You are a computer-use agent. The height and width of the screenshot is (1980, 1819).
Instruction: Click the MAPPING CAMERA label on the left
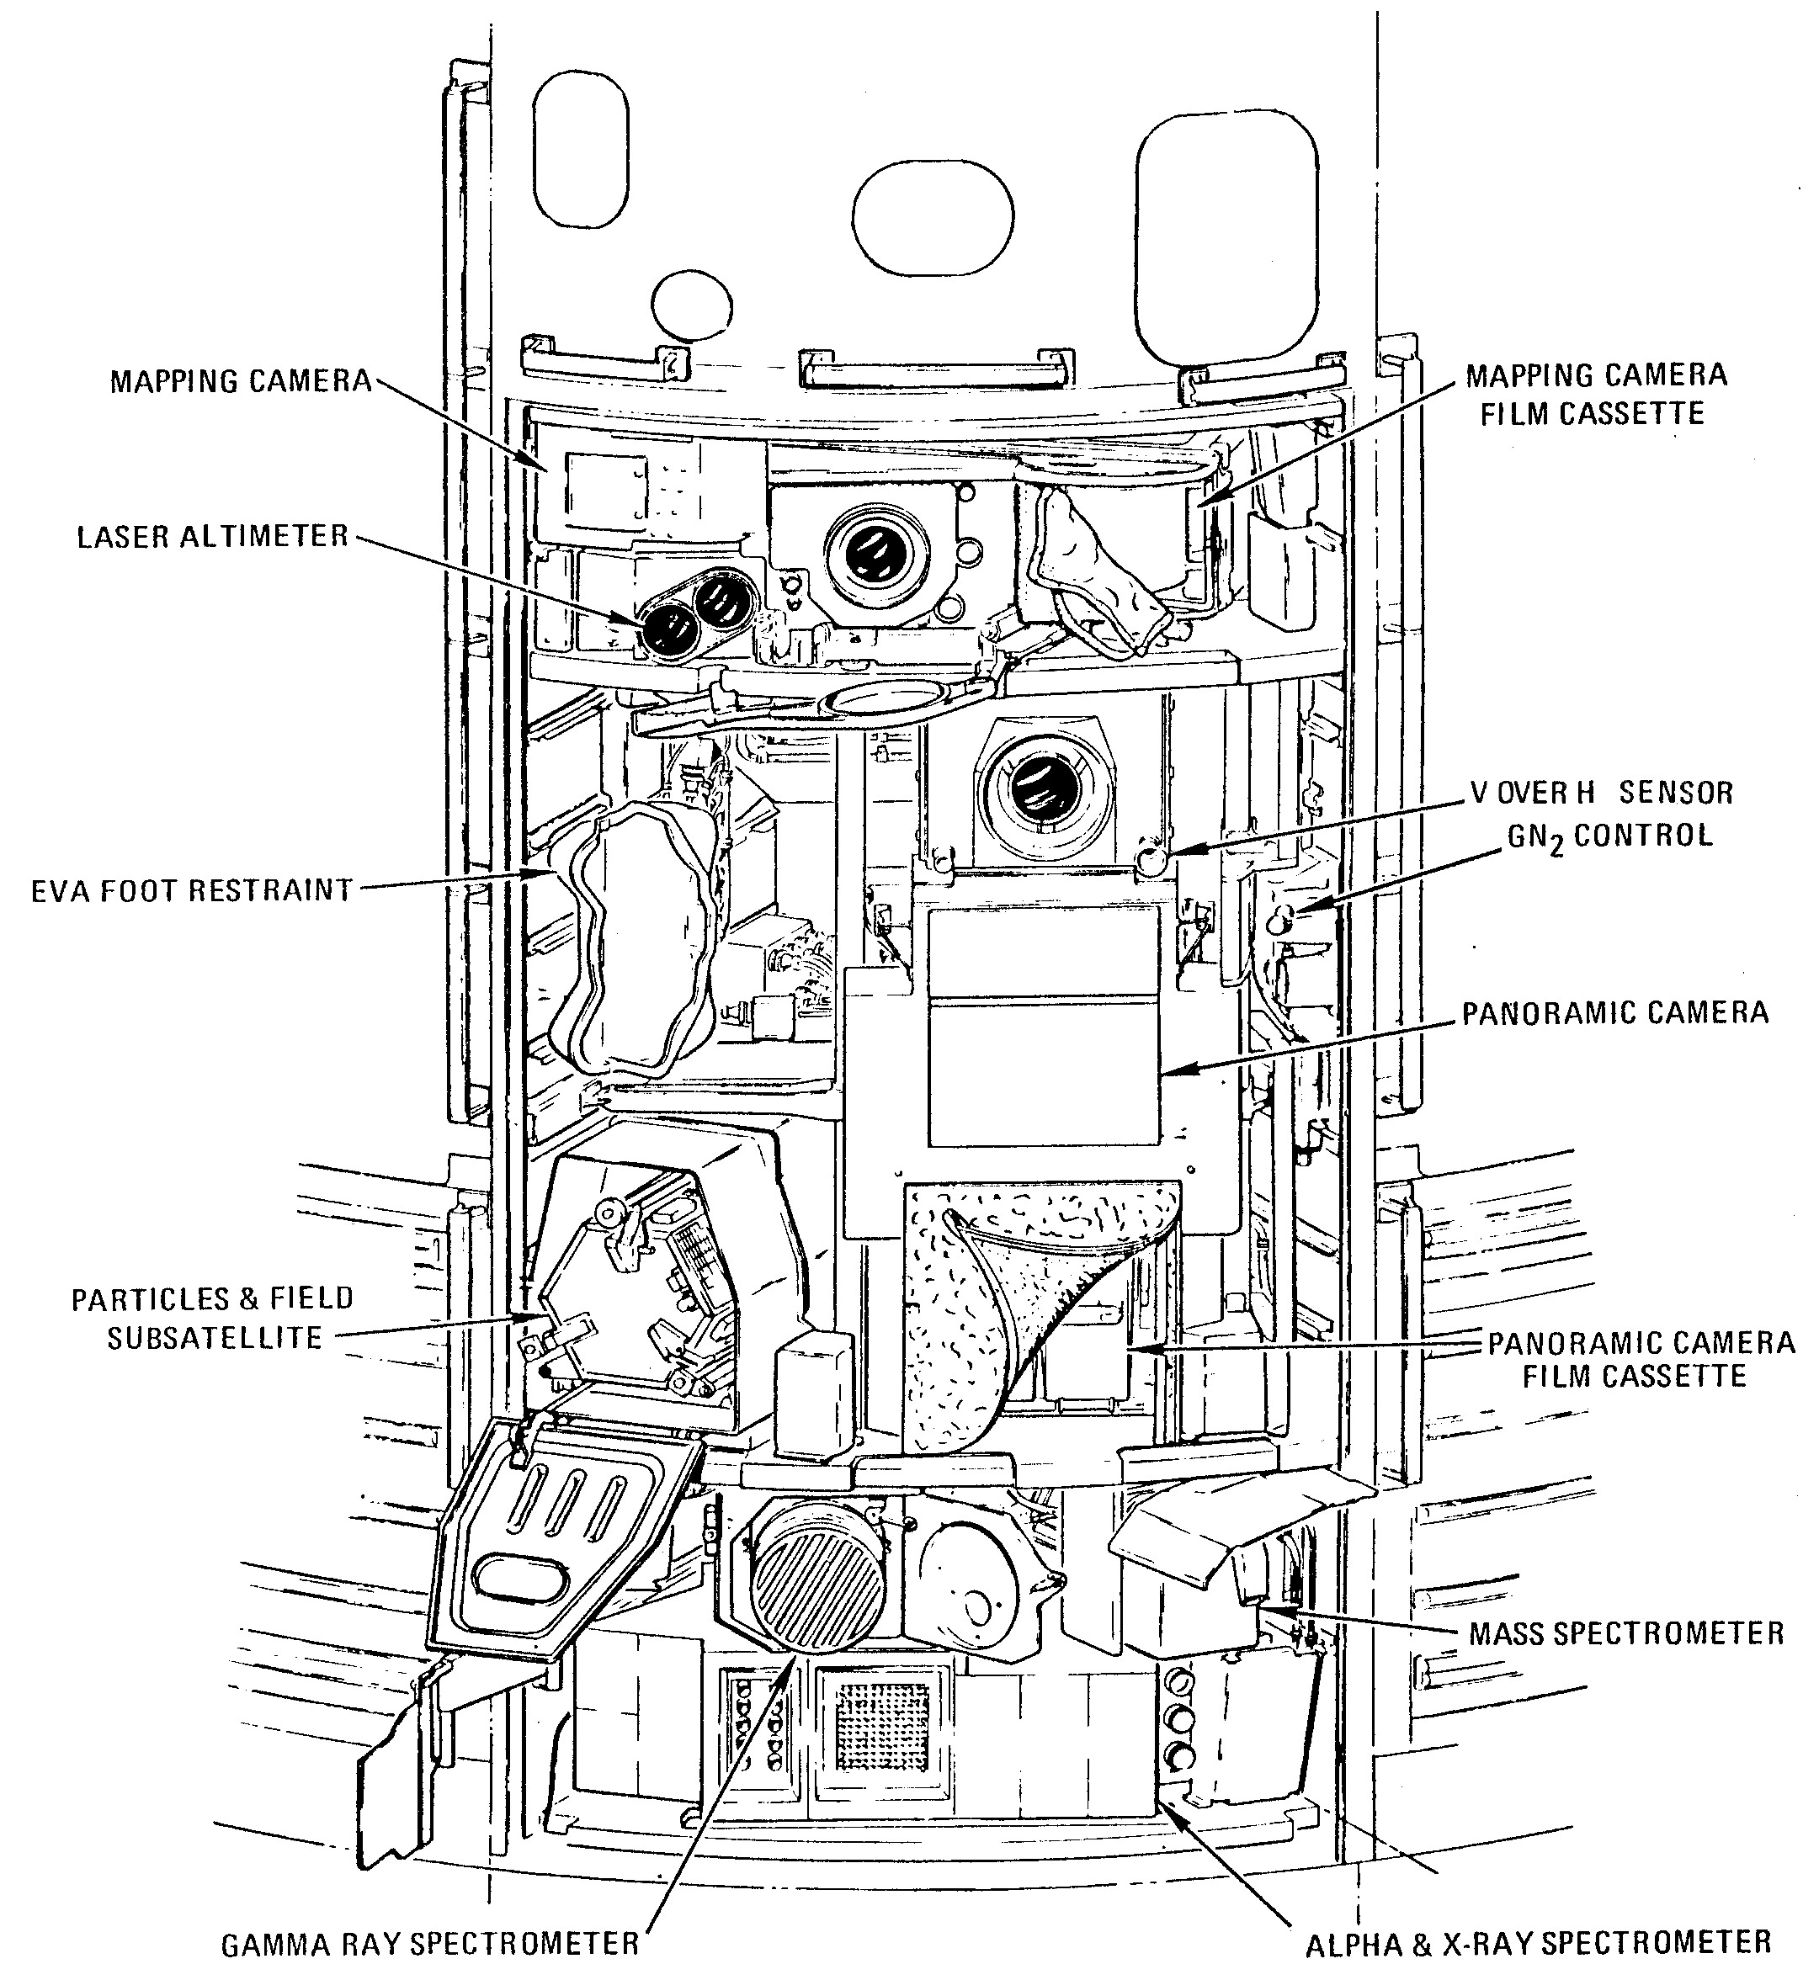[x=241, y=382]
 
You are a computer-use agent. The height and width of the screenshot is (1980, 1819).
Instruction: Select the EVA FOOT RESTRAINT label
[x=192, y=890]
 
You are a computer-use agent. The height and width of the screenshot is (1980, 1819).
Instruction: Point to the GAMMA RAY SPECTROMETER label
[x=430, y=1945]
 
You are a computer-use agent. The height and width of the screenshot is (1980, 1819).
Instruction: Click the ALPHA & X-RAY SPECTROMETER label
[x=1539, y=1943]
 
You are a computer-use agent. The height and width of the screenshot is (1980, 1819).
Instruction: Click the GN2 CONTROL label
[x=1610, y=837]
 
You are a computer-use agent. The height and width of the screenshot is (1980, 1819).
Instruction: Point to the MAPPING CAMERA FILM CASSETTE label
[x=1596, y=394]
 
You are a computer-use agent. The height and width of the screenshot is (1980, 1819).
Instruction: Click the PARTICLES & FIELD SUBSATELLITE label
[x=213, y=1318]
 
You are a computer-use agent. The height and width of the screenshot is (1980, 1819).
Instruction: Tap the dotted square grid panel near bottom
[x=882, y=1723]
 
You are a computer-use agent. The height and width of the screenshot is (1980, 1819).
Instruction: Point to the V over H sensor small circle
[x=1150, y=860]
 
